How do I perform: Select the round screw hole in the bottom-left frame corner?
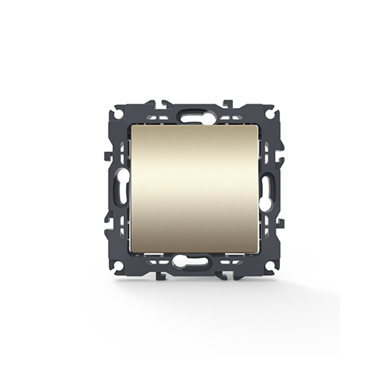117,264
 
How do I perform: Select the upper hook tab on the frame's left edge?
108,156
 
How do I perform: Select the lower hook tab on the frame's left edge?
108,222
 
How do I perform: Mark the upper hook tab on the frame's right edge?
280,156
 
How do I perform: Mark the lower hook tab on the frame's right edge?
280,222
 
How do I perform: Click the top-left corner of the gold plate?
132,127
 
